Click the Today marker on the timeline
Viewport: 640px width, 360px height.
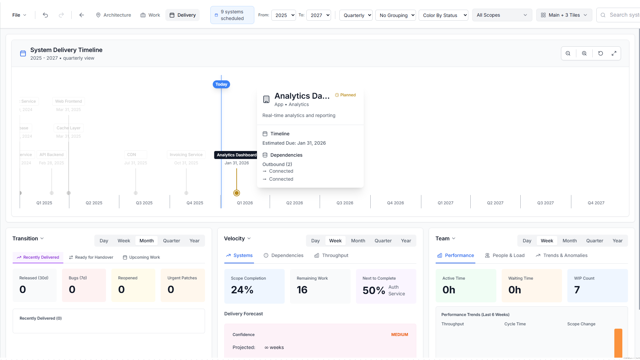coord(221,84)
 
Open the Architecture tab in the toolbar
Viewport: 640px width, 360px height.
coord(113,15)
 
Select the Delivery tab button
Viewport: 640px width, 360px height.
coord(182,15)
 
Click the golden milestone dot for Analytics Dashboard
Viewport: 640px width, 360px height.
coord(237,193)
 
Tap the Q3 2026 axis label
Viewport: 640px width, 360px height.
coord(345,203)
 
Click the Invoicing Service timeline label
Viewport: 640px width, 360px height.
coord(186,155)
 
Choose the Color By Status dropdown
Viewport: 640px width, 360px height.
coord(443,15)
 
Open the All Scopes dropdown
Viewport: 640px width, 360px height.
coord(502,15)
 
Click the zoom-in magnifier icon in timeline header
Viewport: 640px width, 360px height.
coord(584,53)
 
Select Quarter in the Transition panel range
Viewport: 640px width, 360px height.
coord(171,241)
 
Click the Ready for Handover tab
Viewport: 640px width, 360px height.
coord(91,257)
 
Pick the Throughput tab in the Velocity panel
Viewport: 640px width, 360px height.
coord(331,255)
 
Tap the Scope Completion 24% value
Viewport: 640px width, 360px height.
coord(242,290)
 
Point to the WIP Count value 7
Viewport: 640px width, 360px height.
coord(577,290)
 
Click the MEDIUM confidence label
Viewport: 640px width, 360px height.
coord(399,335)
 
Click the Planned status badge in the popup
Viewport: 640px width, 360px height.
coord(345,95)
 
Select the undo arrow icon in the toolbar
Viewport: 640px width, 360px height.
coord(45,15)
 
